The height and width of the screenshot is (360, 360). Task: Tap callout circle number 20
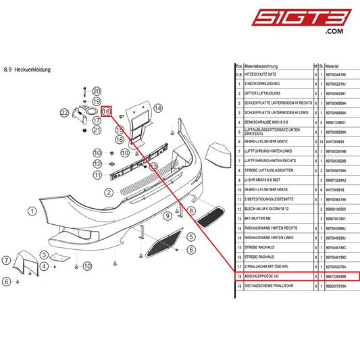pos(96,91)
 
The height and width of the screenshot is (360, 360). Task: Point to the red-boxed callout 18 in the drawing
pos(106,110)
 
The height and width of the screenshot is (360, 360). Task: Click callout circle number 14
pos(158,108)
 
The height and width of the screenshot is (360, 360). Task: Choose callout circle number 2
pos(108,192)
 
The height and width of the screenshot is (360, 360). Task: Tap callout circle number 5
pos(191,237)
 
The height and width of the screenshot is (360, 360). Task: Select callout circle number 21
pos(96,130)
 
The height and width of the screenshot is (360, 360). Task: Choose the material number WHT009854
pos(335,142)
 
